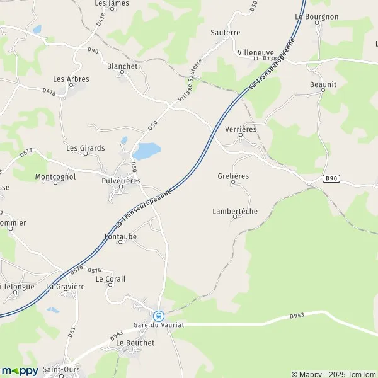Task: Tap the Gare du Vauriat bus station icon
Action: pos(159,315)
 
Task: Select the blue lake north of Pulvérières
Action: pos(146,151)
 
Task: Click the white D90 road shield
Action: pos(333,179)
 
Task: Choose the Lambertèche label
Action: pos(235,211)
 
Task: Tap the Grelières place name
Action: pos(233,176)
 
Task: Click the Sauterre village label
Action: pos(226,31)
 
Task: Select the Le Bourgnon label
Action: pos(316,16)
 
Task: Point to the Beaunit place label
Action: pos(323,84)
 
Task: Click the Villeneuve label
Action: pos(256,52)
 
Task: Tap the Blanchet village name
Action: pos(122,65)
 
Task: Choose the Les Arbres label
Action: pos(71,79)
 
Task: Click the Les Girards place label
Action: pos(86,148)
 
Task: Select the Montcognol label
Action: pos(55,177)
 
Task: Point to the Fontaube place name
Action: pos(120,236)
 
